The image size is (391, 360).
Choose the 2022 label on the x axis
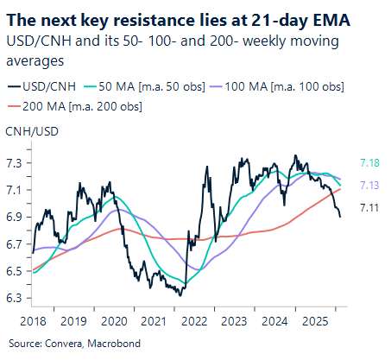tap(194, 321)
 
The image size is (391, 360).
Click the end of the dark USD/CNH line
tap(339, 216)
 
